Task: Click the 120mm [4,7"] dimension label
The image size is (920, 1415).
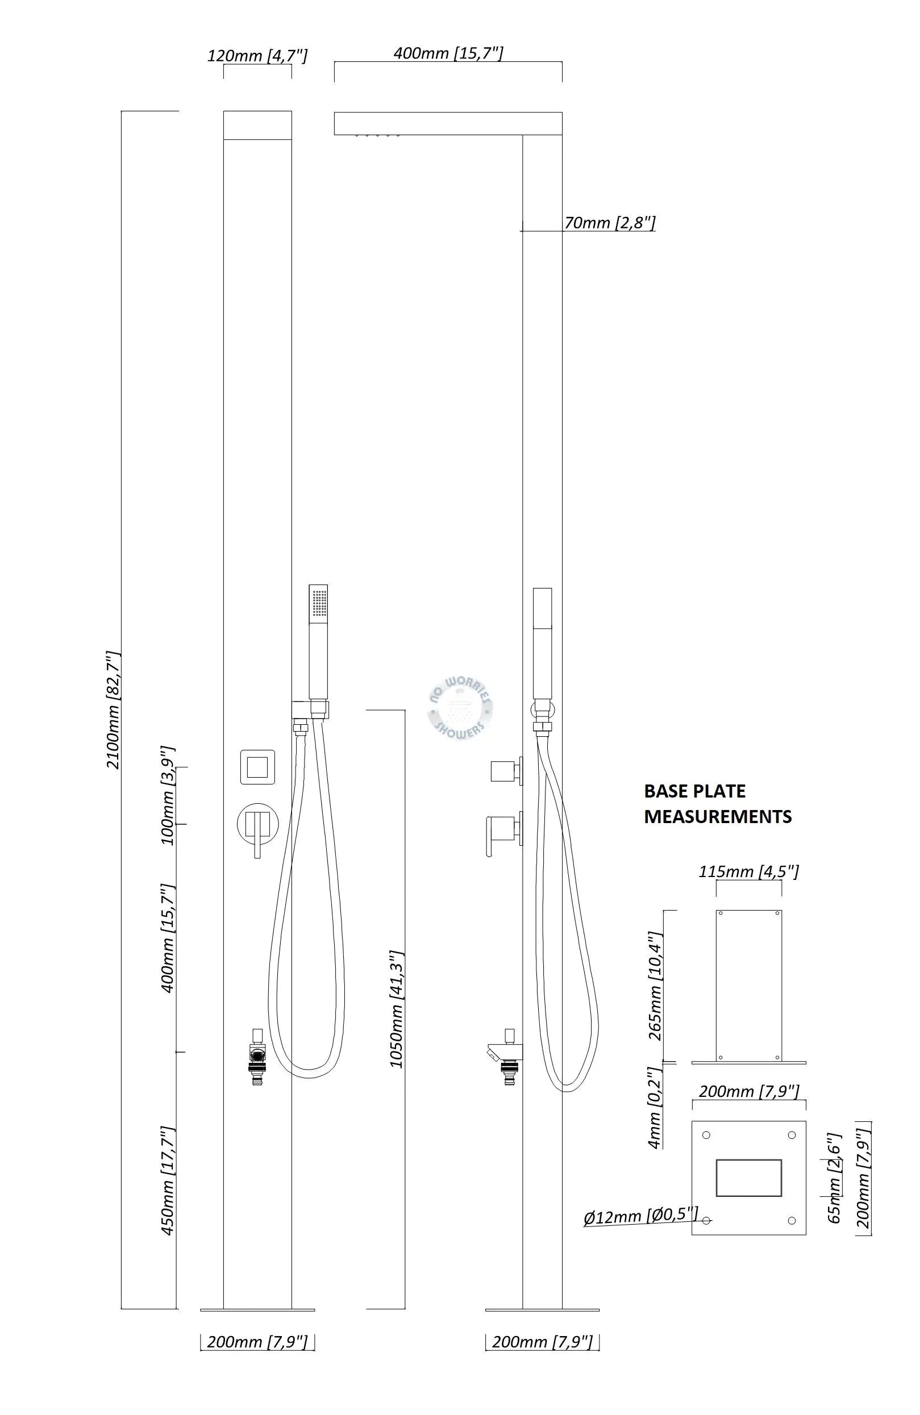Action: click(x=257, y=56)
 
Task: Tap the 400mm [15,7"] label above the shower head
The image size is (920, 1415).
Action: click(x=448, y=53)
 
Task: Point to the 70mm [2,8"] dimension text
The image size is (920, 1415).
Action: click(x=610, y=222)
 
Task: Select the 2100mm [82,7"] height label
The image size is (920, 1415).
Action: click(x=113, y=711)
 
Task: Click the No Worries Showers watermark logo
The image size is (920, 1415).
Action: click(x=460, y=709)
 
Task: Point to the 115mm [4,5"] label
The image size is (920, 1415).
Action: click(x=748, y=871)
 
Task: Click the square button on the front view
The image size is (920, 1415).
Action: click(x=257, y=767)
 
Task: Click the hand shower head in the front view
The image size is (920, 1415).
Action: click(x=318, y=642)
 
